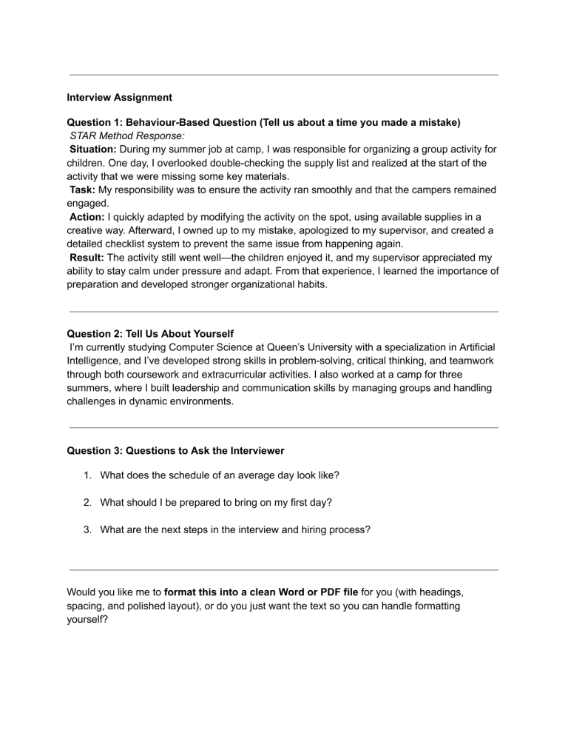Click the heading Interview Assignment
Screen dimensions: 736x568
[119, 97]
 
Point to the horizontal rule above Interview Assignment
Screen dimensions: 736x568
[283, 75]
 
